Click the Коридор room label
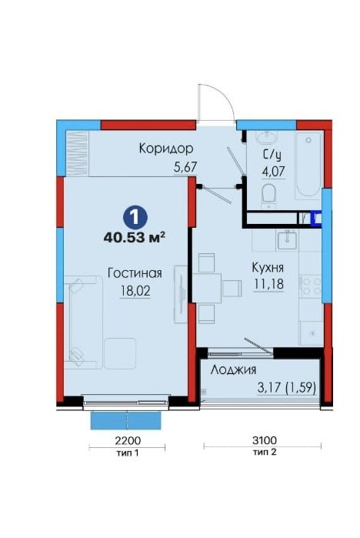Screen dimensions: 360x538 pyautogui.click(x=166, y=149)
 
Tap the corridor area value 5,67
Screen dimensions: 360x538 pyautogui.click(x=185, y=168)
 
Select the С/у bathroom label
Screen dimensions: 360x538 pyautogui.click(x=272, y=155)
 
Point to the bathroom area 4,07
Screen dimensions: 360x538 pyautogui.click(x=274, y=171)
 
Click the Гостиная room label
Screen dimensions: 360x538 pyautogui.click(x=135, y=273)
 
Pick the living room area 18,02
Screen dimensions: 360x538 pyautogui.click(x=135, y=291)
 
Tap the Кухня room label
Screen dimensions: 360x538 pyautogui.click(x=268, y=268)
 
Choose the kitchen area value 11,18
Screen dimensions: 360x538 pyautogui.click(x=268, y=284)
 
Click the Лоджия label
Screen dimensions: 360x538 pyautogui.click(x=233, y=370)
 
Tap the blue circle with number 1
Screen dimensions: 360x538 pyautogui.click(x=135, y=217)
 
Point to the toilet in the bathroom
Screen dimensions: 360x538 pyautogui.click(x=268, y=195)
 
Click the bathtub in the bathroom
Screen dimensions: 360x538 pyautogui.click(x=308, y=165)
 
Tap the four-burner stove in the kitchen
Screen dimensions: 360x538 pyautogui.click(x=311, y=287)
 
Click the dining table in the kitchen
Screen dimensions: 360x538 pyautogui.click(x=207, y=288)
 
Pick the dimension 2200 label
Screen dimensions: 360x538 pyautogui.click(x=128, y=440)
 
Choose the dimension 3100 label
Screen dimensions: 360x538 pyautogui.click(x=265, y=439)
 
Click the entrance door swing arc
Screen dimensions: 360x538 pyautogui.click(x=221, y=97)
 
